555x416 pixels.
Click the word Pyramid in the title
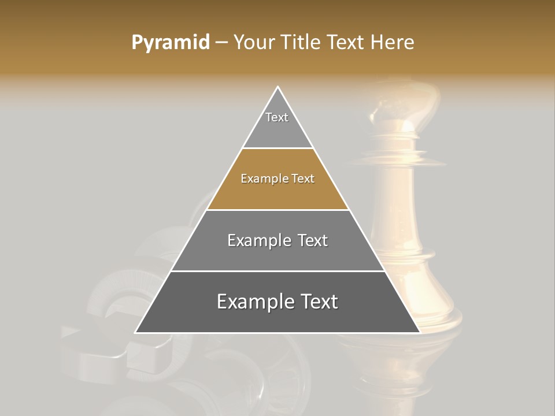pos(170,43)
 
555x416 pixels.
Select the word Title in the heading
pos(301,43)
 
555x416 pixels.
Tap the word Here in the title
pos(392,43)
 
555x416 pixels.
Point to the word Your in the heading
pos(254,43)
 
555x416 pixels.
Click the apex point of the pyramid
pos(277,87)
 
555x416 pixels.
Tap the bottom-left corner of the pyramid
pos(136,332)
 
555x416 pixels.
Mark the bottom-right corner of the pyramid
pos(419,332)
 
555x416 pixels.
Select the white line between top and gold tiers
pos(277,148)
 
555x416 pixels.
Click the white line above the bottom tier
pos(277,271)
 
